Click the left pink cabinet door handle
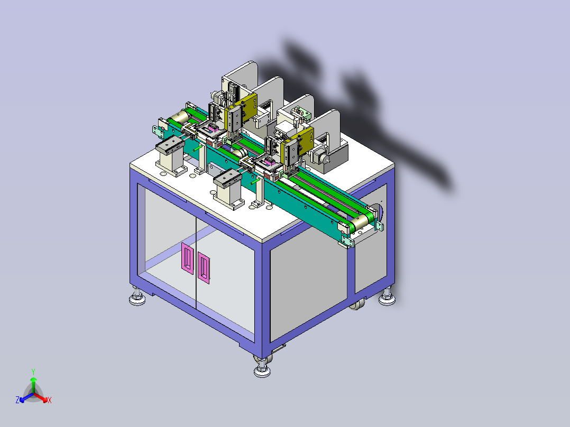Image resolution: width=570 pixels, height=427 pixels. (x=187, y=258)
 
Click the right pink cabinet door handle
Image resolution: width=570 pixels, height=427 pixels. (x=204, y=268)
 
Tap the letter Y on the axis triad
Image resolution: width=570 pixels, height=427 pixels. (x=33, y=372)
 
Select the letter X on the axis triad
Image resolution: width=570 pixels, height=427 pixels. (x=50, y=400)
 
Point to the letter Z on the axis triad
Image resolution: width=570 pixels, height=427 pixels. (x=17, y=400)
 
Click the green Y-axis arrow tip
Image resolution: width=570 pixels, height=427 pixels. (x=33, y=379)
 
